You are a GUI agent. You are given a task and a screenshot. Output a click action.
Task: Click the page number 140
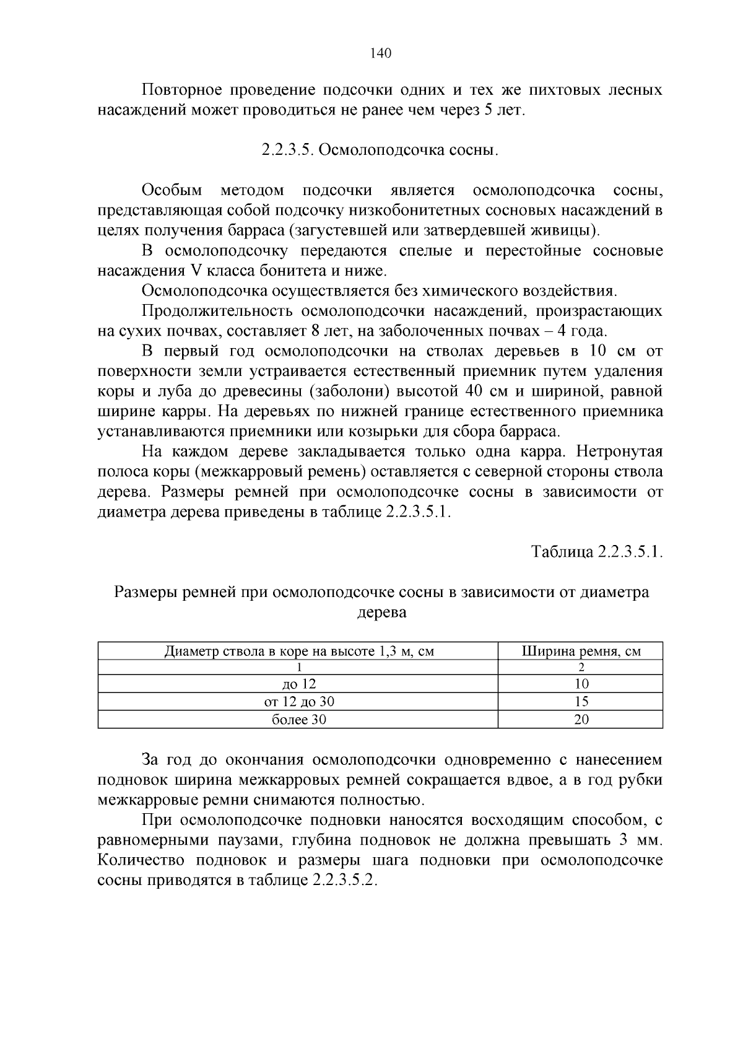coord(380,53)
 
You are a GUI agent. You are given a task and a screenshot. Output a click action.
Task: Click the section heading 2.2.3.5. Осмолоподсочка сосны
coord(380,150)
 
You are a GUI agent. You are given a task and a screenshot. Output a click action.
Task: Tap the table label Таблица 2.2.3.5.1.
coord(597,552)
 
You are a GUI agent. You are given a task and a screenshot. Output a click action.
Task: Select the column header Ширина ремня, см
coord(580,651)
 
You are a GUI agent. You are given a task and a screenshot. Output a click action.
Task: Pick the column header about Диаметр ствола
coord(298,651)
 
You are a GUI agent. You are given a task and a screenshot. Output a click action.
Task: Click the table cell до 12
coord(298,684)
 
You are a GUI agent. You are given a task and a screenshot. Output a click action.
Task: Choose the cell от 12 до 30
coord(298,702)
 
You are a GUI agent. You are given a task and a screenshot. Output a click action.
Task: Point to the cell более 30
coord(298,720)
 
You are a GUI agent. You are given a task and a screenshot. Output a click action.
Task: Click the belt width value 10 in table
coord(581,684)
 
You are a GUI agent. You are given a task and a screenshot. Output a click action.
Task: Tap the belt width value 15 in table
coord(581,702)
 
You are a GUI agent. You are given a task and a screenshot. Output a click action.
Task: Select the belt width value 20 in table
coord(581,720)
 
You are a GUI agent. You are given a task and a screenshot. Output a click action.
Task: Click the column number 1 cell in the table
coord(298,668)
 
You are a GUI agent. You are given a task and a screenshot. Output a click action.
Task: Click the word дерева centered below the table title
coord(382,613)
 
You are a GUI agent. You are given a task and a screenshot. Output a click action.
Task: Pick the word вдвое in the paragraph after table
coord(533,780)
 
